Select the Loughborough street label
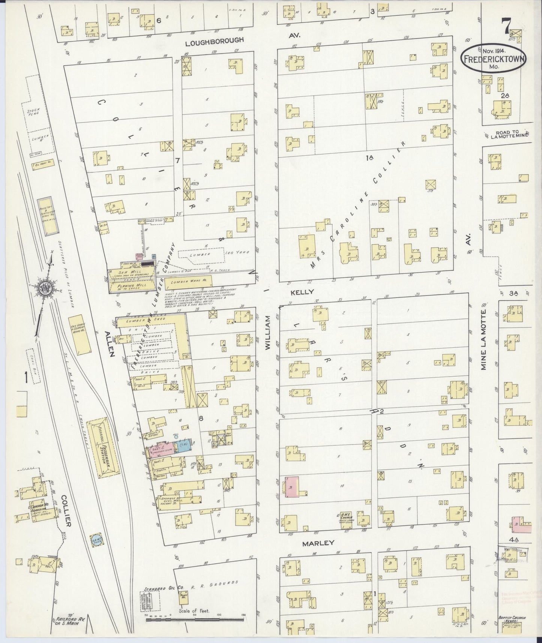coord(215,40)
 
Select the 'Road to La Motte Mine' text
coord(510,135)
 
